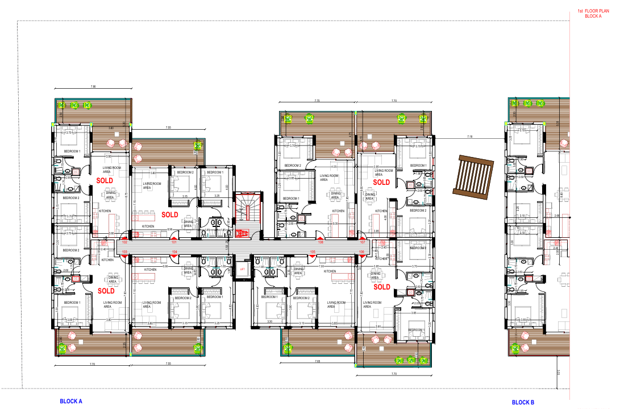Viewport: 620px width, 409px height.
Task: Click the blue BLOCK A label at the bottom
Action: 71,401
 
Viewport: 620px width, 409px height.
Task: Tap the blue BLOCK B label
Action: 523,402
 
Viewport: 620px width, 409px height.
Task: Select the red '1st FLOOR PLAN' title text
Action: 593,11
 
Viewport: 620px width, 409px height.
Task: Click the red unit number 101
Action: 174,242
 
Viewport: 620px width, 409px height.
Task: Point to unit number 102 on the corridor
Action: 124,242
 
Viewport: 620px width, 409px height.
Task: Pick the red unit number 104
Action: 175,251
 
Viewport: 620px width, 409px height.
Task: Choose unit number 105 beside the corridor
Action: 312,251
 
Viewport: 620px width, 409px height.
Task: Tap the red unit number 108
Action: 321,242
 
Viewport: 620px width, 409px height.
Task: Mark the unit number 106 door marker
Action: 362,251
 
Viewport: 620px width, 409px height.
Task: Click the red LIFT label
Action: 242,270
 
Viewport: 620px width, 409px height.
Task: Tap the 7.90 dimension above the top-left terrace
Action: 93,86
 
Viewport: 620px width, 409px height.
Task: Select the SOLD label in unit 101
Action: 170,214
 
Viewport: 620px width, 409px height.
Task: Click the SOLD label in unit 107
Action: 381,182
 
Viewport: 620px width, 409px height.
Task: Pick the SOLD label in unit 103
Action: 106,291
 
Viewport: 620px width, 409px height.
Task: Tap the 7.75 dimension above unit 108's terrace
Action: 317,101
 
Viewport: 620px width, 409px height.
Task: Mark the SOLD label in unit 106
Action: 382,287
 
